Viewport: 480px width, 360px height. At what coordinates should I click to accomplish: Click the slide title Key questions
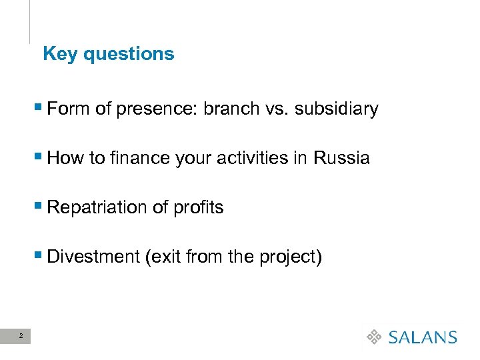[108, 54]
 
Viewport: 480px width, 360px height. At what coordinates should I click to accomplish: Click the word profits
[198, 207]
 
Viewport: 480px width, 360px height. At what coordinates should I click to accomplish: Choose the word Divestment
[93, 257]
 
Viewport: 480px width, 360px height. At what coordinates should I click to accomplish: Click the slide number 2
[21, 336]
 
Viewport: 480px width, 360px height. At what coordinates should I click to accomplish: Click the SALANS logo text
[422, 337]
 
